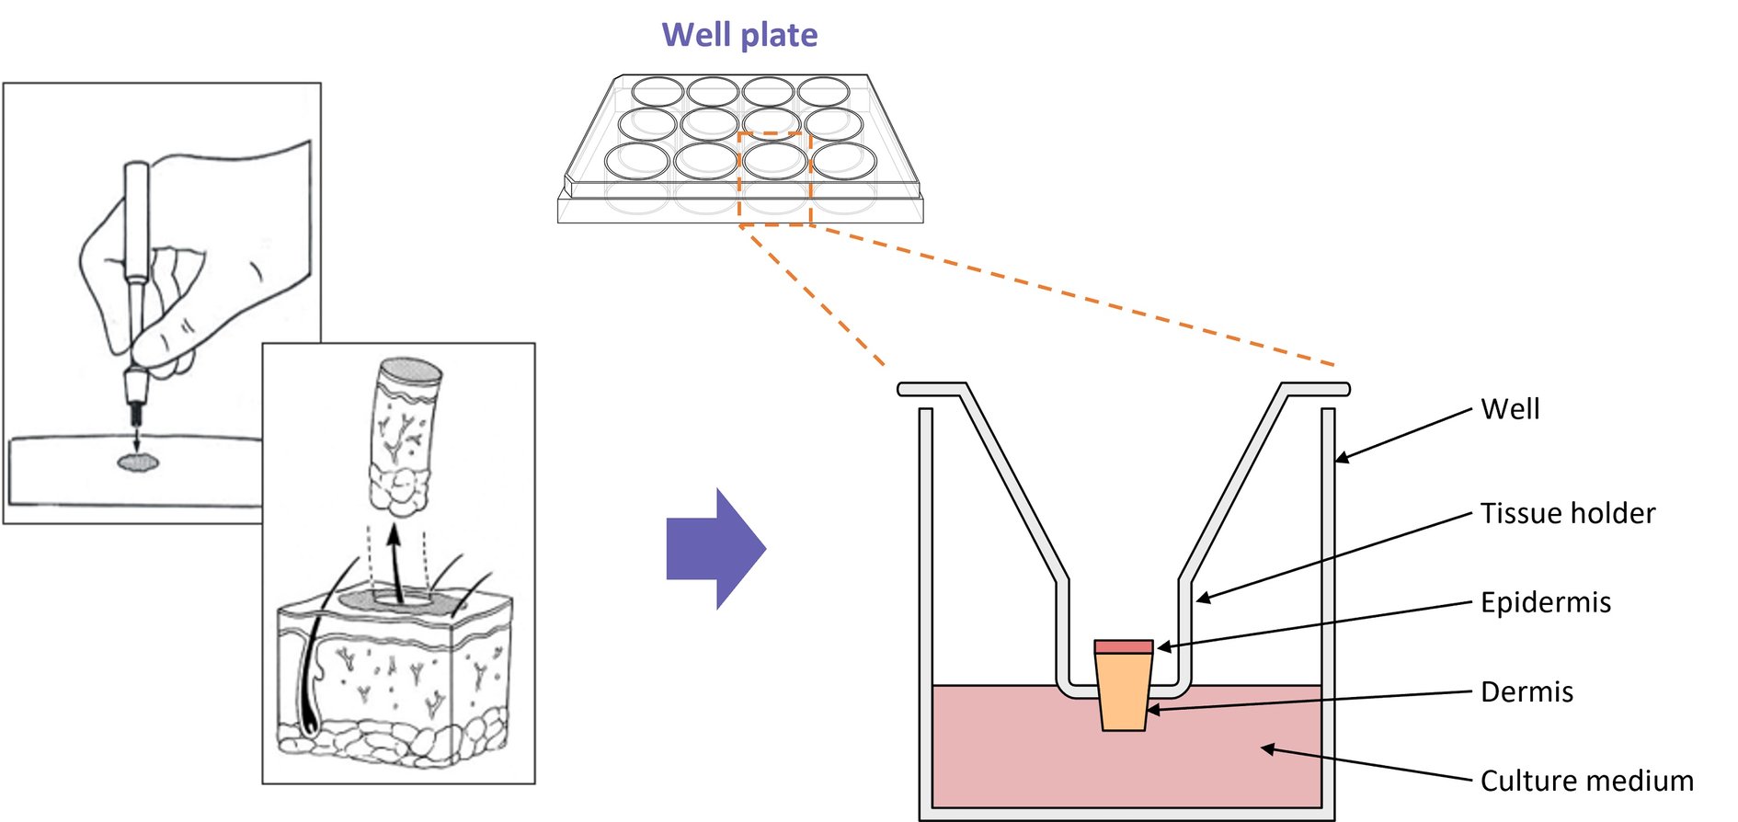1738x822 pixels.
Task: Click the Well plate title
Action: pos(739,35)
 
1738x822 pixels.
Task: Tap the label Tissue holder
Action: pos(1567,513)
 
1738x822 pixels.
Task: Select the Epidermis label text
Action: pos(1545,602)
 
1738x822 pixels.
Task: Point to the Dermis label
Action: pos(1526,691)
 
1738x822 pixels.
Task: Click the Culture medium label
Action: pos(1586,781)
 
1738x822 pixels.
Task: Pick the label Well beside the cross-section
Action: pos(1510,409)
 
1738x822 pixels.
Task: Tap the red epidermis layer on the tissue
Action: pos(1123,647)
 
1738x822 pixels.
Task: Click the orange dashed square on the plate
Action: pos(774,178)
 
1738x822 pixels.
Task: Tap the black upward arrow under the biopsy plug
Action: pos(395,561)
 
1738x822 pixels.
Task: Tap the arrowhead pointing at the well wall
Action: pos(1343,457)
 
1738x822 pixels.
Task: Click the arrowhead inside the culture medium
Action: pos(1268,749)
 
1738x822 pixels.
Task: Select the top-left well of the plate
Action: pos(657,92)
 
